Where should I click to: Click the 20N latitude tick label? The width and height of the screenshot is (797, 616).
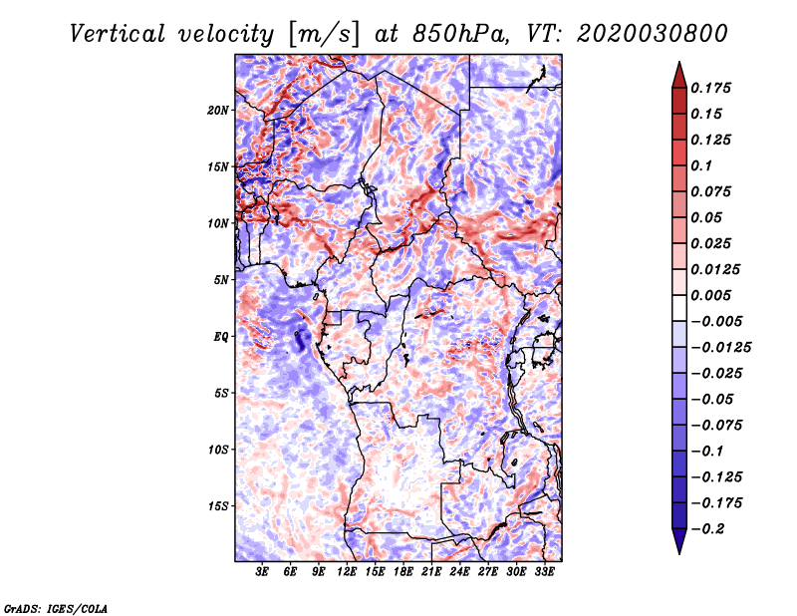tap(218, 111)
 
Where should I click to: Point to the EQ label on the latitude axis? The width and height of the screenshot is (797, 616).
tap(221, 337)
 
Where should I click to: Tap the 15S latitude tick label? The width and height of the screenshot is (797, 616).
tap(218, 506)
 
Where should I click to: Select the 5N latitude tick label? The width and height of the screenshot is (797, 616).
tap(221, 280)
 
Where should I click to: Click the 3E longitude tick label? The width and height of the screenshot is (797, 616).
tap(262, 572)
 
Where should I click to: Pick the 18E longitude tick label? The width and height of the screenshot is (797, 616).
tap(403, 572)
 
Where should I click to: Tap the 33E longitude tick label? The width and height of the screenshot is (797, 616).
tap(544, 572)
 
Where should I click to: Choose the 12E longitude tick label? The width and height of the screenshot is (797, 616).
tap(347, 572)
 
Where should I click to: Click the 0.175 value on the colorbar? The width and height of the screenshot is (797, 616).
tap(710, 88)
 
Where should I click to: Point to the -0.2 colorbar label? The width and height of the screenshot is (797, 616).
tap(707, 529)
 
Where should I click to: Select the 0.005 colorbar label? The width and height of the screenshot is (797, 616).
tap(710, 295)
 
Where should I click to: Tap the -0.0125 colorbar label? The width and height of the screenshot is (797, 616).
tap(720, 348)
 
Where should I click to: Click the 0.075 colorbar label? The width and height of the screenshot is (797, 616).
tap(710, 191)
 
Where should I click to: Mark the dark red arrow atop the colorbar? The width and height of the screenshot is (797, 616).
tap(679, 76)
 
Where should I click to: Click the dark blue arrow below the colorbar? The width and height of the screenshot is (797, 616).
tap(679, 541)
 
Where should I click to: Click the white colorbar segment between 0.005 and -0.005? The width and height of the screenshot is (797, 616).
tap(679, 308)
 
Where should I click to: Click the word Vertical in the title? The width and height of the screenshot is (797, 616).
tap(118, 34)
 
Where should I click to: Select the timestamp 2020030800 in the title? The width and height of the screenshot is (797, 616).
tap(653, 34)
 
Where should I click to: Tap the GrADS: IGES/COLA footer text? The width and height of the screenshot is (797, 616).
tap(56, 609)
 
